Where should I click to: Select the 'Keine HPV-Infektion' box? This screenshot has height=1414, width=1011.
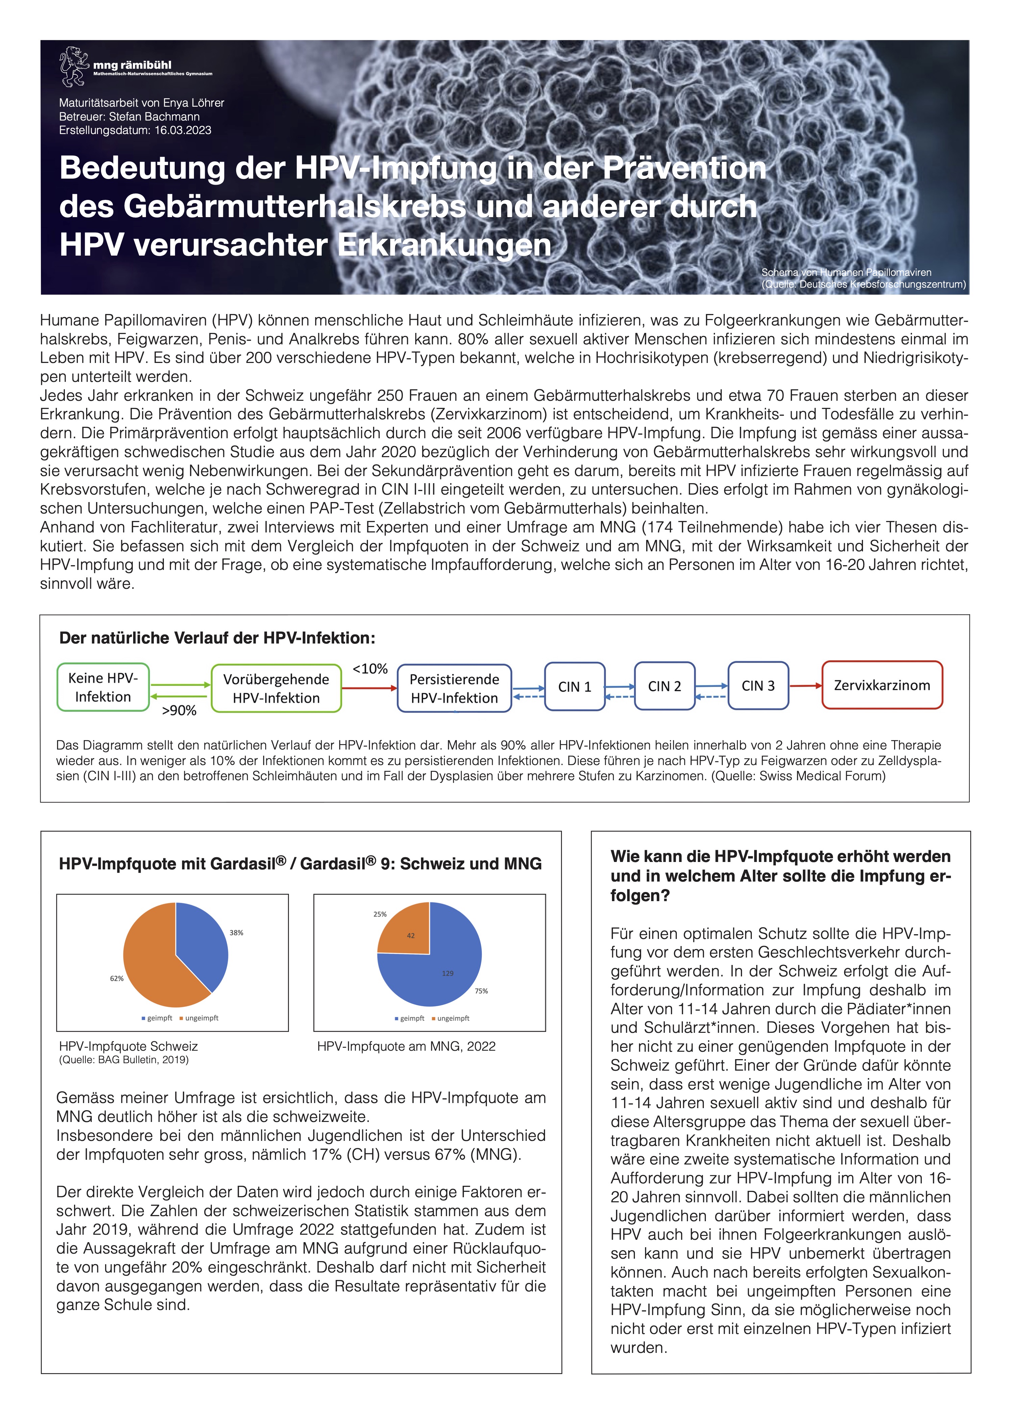(103, 687)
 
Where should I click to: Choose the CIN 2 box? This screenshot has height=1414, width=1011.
(664, 686)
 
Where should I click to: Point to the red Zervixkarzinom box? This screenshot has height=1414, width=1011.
(882, 685)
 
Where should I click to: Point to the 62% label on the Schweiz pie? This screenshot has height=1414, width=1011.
(117, 978)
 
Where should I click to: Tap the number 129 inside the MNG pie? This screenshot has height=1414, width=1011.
(448, 973)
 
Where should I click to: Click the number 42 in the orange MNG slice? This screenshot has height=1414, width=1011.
(411, 935)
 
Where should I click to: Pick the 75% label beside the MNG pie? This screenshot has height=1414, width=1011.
(481, 991)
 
